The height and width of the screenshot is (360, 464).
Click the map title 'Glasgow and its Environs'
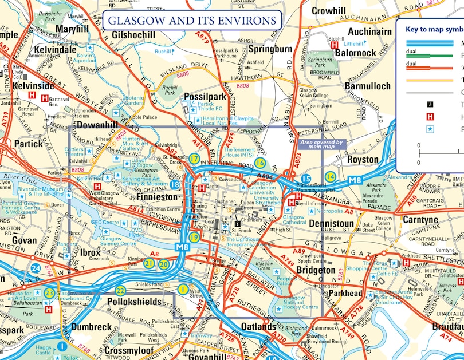(192, 21)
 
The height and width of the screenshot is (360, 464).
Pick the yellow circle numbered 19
(194, 237)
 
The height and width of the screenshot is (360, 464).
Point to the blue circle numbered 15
(306, 179)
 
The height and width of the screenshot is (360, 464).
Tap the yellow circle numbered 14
(330, 177)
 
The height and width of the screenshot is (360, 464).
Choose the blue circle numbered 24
(36, 268)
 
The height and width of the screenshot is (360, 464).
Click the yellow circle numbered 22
(120, 290)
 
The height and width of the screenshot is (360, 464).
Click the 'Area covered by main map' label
(321, 145)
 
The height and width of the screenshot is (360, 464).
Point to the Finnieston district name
(159, 197)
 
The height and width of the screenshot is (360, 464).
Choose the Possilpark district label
(205, 97)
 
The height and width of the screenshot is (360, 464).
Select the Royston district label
(363, 160)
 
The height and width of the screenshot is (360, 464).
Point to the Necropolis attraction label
(329, 211)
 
